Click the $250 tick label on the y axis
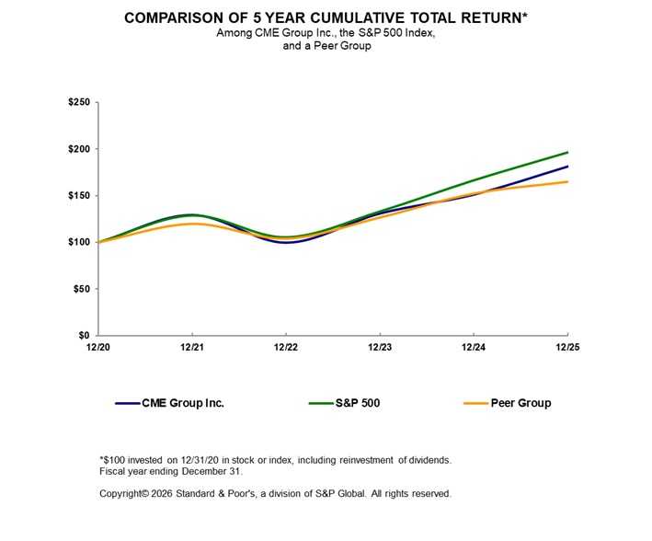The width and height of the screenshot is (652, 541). pyautogui.click(x=79, y=102)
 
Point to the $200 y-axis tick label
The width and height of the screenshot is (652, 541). pyautogui.click(x=79, y=149)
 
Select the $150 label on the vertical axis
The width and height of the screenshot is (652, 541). pyautogui.click(x=79, y=196)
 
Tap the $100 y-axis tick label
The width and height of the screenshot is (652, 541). pyautogui.click(x=79, y=242)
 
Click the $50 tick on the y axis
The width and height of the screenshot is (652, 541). pyautogui.click(x=82, y=289)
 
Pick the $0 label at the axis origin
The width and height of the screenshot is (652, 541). pyautogui.click(x=85, y=336)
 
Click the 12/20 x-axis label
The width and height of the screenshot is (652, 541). pyautogui.click(x=97, y=347)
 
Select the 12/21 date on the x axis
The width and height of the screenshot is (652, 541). pyautogui.click(x=191, y=347)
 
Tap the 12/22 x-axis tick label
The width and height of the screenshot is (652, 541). pyautogui.click(x=285, y=347)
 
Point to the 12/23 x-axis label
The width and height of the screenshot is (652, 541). pyautogui.click(x=379, y=347)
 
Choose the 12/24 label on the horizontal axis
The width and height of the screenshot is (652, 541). pyautogui.click(x=473, y=347)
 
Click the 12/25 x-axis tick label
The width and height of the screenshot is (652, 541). pyautogui.click(x=566, y=347)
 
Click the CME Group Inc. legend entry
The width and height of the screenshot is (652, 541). pyautogui.click(x=182, y=403)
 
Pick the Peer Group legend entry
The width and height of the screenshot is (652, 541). pyautogui.click(x=520, y=403)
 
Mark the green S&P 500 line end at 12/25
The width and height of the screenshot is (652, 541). pyautogui.click(x=567, y=152)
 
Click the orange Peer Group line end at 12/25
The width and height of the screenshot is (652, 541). pyautogui.click(x=567, y=181)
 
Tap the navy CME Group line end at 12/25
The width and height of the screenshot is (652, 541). pyautogui.click(x=567, y=167)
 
